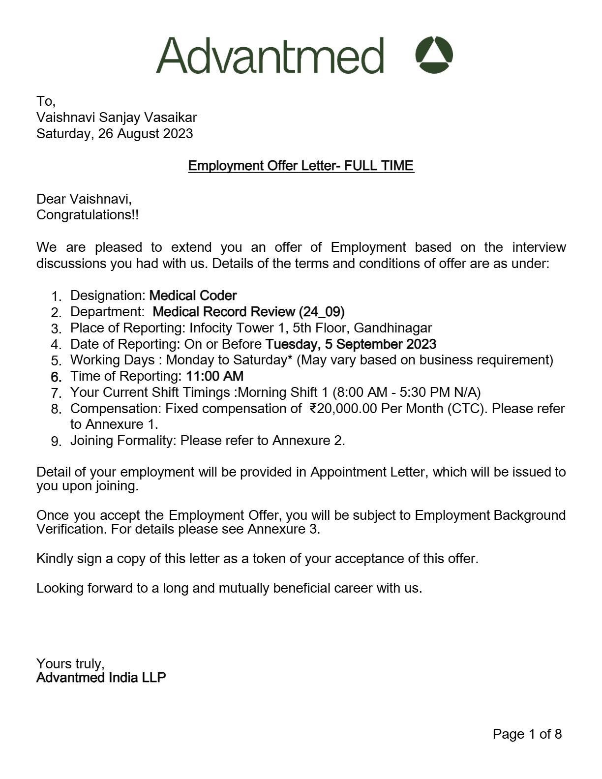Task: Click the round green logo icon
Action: pos(434,55)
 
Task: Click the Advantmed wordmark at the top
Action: pos(270,55)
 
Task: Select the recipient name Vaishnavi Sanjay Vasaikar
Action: pos(117,118)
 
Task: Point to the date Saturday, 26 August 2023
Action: pos(115,134)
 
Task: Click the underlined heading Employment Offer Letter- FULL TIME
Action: pos(301,166)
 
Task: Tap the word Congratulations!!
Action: pos(88,215)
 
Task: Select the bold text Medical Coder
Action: pos(193,296)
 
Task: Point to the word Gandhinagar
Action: pos(393,328)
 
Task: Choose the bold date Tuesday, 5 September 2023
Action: pos(351,344)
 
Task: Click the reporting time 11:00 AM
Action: pos(214,376)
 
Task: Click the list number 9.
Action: pos(56,441)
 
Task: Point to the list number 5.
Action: pos(56,361)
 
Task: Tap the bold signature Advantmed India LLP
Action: pos(101,678)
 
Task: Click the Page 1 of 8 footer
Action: pos(527,734)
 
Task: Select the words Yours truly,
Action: pos(70,664)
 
